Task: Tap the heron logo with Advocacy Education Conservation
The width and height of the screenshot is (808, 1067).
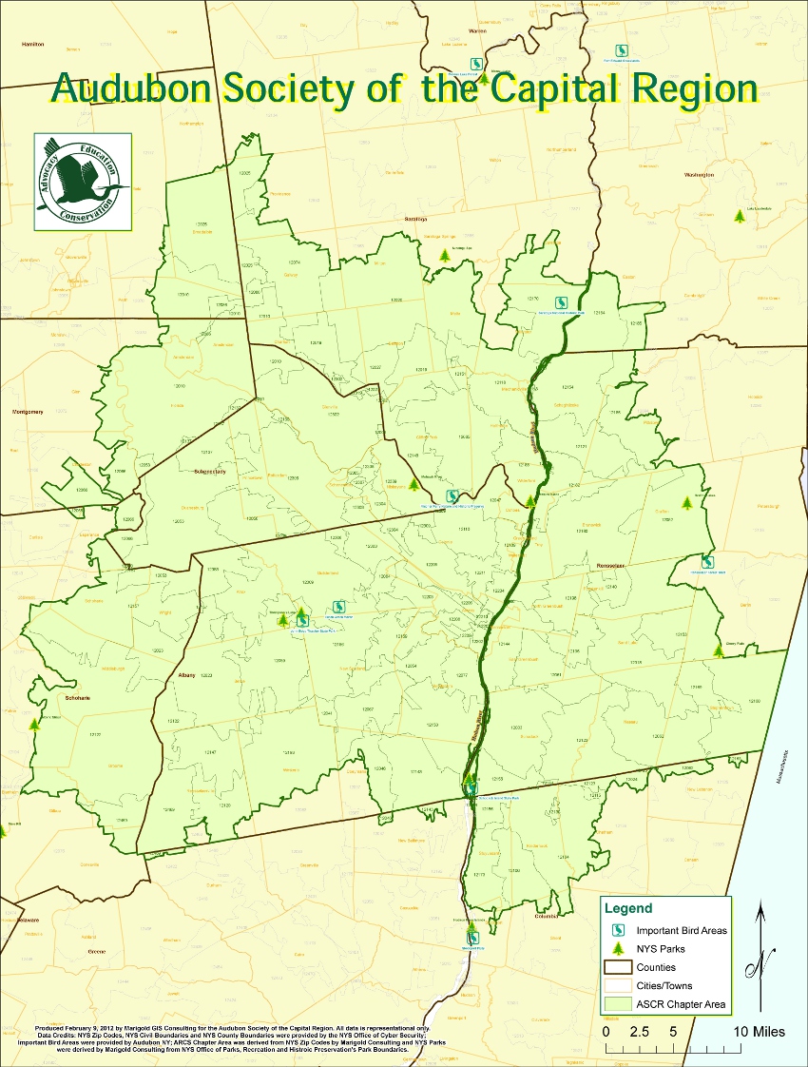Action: [83, 182]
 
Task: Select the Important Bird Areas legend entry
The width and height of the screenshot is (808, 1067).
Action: [682, 930]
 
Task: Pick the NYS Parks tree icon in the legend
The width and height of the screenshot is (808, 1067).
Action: [617, 948]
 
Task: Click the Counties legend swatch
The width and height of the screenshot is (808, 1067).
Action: [617, 967]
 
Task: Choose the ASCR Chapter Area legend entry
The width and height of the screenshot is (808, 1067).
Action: [682, 1003]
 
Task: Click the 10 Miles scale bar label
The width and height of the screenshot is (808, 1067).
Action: [759, 1031]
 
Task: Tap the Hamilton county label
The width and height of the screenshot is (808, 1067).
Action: [32, 44]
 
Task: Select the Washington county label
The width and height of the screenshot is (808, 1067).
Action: [699, 175]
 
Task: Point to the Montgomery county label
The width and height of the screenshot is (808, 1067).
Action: [28, 412]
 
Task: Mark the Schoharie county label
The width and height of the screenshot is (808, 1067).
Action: [50, 697]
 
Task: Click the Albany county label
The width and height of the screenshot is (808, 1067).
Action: [186, 675]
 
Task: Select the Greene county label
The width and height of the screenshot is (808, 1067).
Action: [96, 951]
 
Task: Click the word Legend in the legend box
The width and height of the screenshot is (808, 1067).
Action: [629, 908]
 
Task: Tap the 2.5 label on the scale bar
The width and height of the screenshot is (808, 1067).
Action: [639, 1031]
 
